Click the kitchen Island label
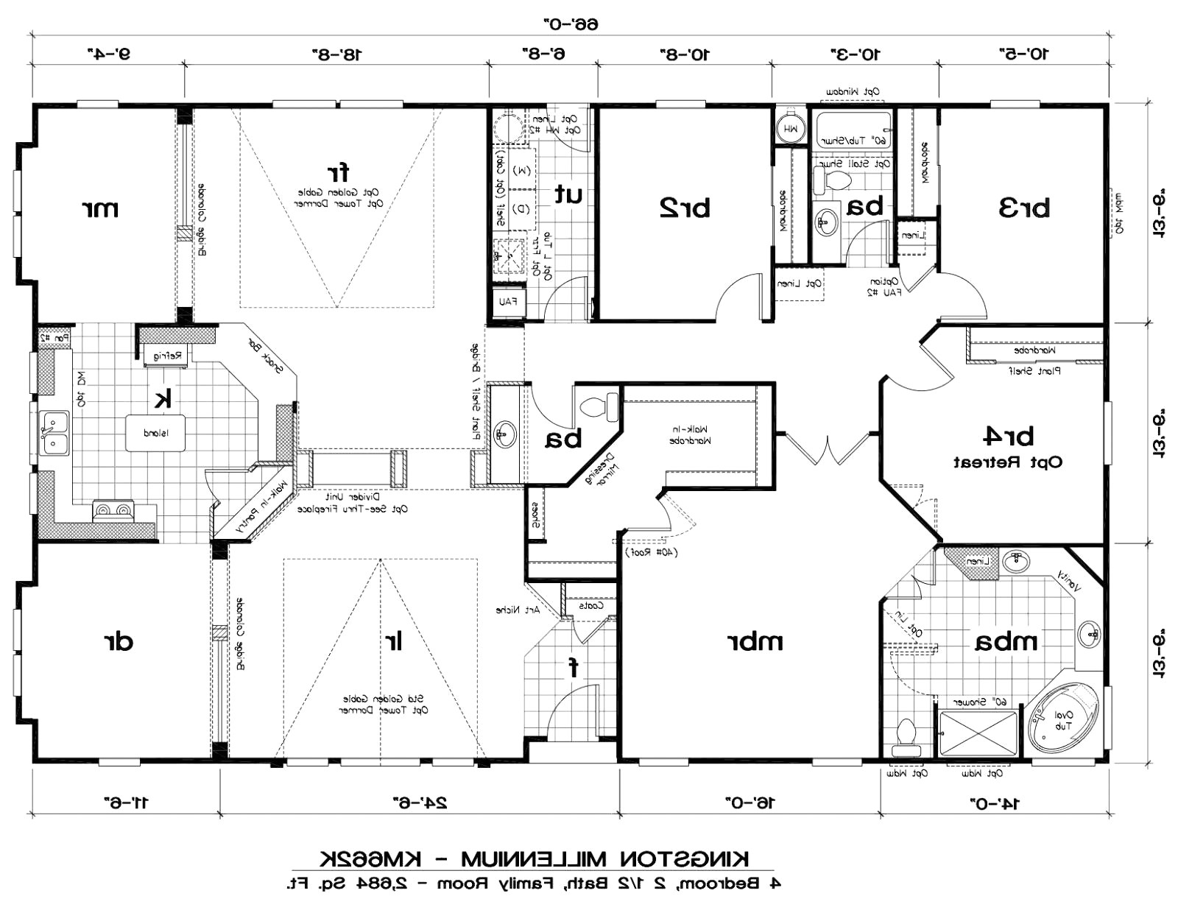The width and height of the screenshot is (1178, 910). [x=155, y=433]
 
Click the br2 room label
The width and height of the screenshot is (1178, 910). [x=684, y=208]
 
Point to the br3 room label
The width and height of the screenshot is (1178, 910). [x=1023, y=208]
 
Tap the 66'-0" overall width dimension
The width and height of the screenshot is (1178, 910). [x=571, y=24]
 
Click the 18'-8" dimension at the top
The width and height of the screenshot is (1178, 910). [x=334, y=54]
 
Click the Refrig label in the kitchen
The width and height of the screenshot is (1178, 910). [x=167, y=356]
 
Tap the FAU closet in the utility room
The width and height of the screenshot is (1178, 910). [x=509, y=302]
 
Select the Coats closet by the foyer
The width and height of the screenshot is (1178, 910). [x=590, y=606]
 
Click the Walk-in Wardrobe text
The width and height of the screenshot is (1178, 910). [x=690, y=435]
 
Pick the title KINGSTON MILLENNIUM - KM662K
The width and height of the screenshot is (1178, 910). [x=536, y=858]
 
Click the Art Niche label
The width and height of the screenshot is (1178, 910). [x=518, y=610]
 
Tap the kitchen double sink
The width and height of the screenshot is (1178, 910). [x=54, y=432]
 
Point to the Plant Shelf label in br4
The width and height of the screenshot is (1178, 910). [x=1039, y=372]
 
